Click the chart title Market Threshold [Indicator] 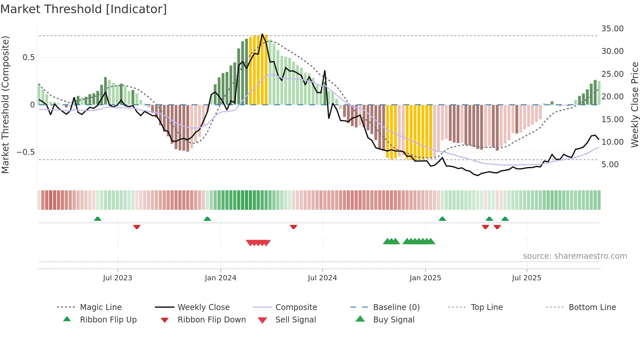pos(84,9)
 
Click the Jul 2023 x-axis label pos(118,278)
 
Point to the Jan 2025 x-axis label pos(425,278)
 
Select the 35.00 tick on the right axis pos(612,29)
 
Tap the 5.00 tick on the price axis pos(610,165)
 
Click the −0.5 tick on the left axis pos(25,152)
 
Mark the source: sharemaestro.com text pos(575,256)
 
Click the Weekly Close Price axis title pos(634,105)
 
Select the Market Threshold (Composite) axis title pos(5,105)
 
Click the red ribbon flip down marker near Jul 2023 pos(137,227)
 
